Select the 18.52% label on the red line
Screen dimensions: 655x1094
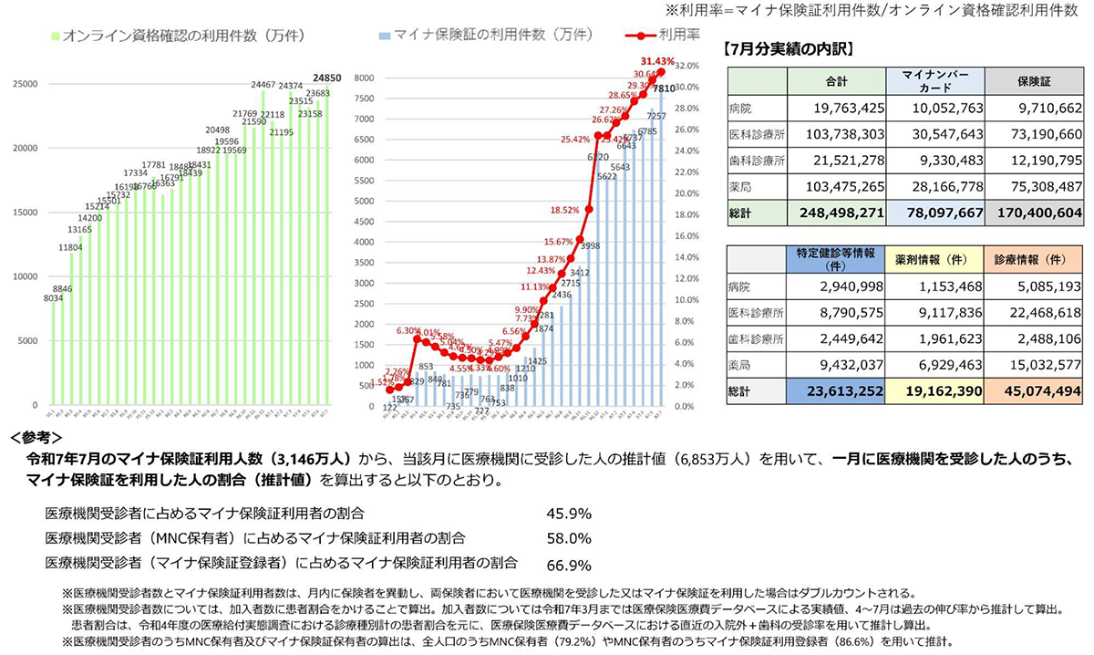(565, 210)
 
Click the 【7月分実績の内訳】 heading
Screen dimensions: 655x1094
(789, 48)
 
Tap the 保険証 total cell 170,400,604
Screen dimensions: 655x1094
(1037, 213)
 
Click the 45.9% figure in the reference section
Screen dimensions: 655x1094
(569, 513)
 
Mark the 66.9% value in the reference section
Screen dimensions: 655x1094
(569, 564)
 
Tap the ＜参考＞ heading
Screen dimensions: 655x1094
(36, 437)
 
